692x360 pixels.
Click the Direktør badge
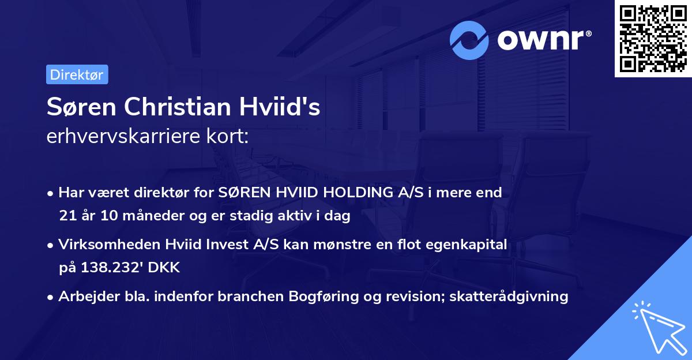click(x=77, y=74)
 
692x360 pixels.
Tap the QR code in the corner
click(x=653, y=38)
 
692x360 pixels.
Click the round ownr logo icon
click(x=469, y=40)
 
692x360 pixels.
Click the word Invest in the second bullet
click(x=223, y=245)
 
